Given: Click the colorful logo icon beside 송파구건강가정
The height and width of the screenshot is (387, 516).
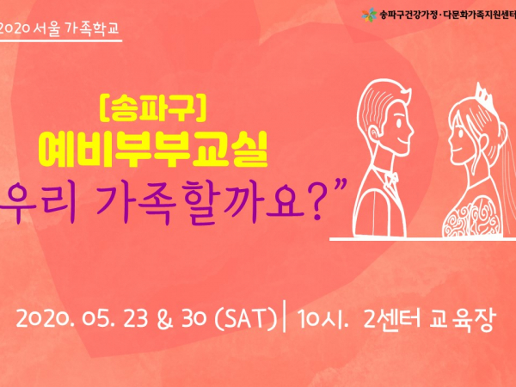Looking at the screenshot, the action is point(369,15).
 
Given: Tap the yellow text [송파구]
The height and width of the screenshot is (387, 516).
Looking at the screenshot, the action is point(153,107).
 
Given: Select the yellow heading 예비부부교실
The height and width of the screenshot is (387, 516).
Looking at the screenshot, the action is point(153,150).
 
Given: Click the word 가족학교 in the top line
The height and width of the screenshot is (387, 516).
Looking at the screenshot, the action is point(92,28).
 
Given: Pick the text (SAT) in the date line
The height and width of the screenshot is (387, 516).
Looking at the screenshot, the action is point(246,318).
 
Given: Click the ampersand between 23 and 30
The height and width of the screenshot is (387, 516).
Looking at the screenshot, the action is point(165,318).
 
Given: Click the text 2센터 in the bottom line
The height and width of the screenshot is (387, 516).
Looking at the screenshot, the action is point(392,318).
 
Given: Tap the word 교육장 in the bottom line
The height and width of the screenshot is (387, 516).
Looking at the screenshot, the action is point(462,318).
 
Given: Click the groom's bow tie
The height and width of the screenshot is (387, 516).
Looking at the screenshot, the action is point(391,178).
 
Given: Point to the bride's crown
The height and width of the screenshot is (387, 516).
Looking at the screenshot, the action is point(483,94).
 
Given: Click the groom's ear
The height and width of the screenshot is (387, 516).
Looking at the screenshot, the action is point(374,135).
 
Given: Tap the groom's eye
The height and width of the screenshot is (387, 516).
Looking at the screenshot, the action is point(399,125).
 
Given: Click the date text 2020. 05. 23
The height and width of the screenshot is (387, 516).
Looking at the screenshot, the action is point(82,318).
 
